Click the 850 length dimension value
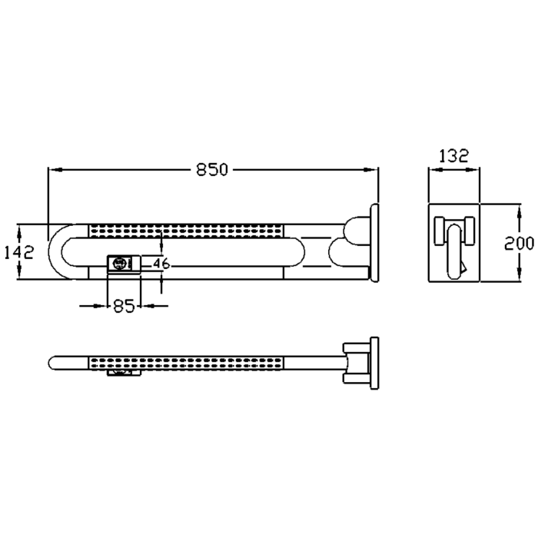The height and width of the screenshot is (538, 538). [x=211, y=170]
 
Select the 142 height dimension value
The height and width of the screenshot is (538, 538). [x=18, y=252]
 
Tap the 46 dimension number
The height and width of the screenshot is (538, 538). [x=161, y=264]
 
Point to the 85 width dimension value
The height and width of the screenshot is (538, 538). [x=124, y=306]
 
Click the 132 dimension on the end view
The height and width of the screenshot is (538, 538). [x=453, y=156]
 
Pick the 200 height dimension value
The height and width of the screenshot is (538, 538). [x=519, y=244]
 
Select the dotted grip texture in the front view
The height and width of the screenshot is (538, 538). [x=186, y=231]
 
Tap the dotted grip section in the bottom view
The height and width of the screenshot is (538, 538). [x=186, y=364]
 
